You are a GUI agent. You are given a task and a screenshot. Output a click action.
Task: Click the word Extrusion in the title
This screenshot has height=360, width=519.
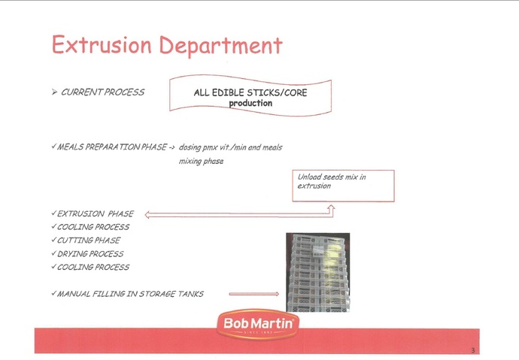102,44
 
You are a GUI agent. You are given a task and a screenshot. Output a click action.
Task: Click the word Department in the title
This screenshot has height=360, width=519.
221,46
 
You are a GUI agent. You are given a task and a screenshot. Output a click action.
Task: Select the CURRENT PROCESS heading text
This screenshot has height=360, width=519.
102,92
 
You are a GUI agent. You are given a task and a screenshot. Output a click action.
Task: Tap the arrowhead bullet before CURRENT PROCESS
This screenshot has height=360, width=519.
55,92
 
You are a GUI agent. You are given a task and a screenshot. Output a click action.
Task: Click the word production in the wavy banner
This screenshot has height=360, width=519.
250,103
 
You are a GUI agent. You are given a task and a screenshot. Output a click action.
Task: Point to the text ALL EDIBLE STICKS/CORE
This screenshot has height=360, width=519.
250,92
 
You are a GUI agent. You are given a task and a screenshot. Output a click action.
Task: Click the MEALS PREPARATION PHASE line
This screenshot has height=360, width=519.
113,147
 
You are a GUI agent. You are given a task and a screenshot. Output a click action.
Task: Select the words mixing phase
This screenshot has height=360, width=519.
202,161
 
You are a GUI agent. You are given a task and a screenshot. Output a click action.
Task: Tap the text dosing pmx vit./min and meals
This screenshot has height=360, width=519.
230,147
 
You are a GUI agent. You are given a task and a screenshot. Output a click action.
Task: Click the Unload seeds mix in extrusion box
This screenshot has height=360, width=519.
343,186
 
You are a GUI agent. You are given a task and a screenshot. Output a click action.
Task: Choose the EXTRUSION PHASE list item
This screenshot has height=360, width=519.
93,213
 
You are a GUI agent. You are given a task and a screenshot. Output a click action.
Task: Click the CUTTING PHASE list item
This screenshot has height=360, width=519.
86,241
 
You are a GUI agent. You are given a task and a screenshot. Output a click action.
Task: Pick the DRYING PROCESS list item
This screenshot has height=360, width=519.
88,254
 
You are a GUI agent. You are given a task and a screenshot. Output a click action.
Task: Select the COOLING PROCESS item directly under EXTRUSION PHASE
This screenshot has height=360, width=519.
90,227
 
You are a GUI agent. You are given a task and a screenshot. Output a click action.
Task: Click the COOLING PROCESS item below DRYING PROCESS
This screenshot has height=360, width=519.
90,267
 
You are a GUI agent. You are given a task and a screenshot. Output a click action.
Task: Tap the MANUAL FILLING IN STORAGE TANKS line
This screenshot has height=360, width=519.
127,294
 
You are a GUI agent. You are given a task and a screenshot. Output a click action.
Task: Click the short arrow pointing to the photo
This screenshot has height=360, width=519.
254,294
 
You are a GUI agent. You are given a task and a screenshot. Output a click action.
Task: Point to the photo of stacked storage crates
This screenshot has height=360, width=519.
317,272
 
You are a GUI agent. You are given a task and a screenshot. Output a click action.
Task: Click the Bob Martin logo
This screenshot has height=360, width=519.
258,324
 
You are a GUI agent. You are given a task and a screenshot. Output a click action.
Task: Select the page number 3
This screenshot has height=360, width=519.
473,350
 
